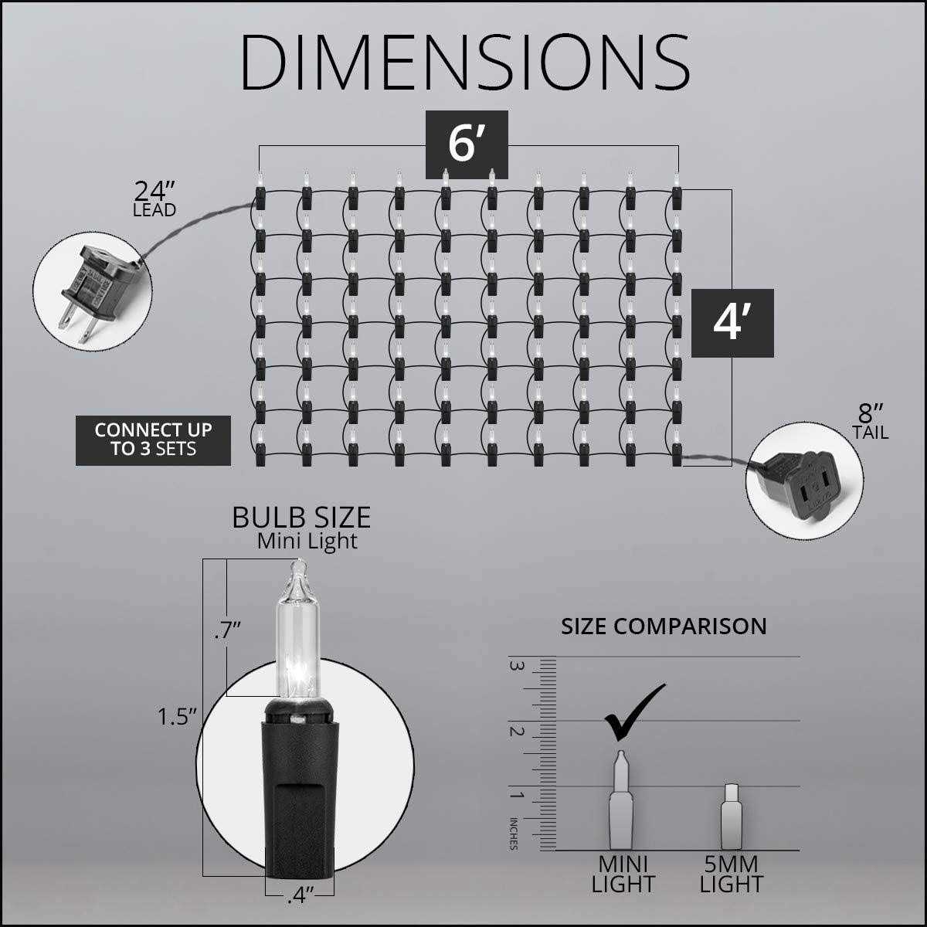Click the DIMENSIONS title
click(465, 62)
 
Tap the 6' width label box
click(467, 144)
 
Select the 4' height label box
click(732, 323)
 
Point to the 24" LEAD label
click(154, 199)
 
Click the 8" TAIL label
click(871, 422)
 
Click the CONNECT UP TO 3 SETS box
click(153, 440)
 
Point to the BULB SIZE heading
click(301, 518)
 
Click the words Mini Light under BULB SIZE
click(307, 542)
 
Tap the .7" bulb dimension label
click(227, 630)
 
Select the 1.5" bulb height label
click(178, 717)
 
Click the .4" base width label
click(301, 898)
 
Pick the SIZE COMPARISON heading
click(664, 626)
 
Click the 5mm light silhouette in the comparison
click(732, 823)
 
